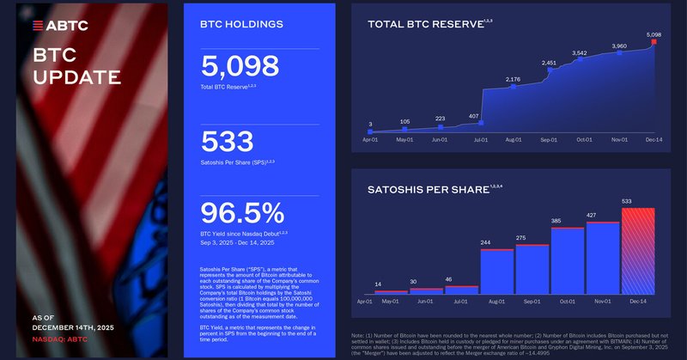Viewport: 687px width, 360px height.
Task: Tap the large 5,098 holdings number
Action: (240, 67)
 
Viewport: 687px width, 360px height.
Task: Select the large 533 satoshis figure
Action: (227, 142)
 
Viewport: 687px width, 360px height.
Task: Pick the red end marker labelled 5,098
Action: (654, 41)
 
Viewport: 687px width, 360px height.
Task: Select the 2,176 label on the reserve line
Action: (513, 79)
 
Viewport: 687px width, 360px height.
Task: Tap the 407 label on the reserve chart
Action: (474, 116)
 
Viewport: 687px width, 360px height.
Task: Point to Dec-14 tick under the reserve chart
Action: (654, 139)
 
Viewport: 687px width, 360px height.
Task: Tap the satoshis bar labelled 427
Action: (603, 258)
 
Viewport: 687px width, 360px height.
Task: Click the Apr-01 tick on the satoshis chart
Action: (365, 302)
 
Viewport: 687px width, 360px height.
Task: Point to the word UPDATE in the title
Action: (76, 77)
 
